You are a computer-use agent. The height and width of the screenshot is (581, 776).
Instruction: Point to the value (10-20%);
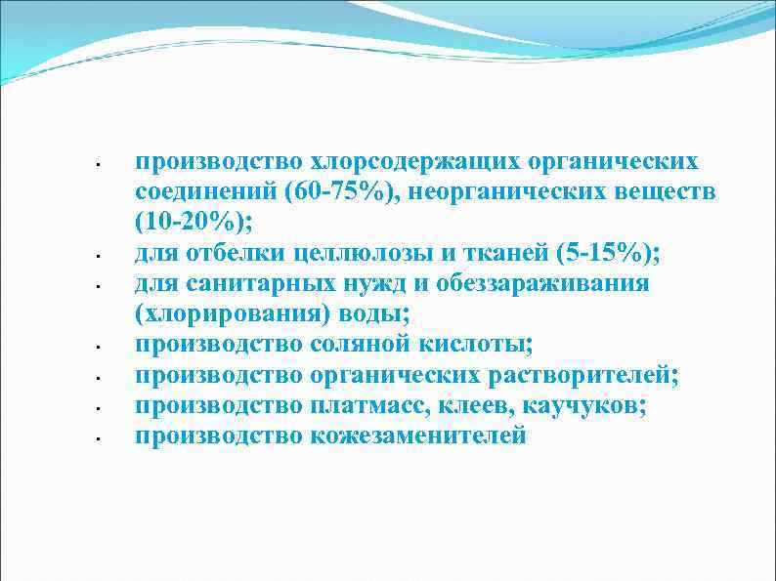point(194,224)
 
